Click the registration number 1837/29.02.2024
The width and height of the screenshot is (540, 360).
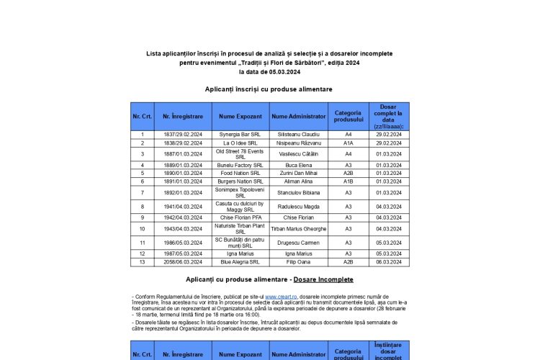pyautogui.click(x=182, y=134)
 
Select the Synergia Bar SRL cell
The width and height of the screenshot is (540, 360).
pyautogui.click(x=240, y=134)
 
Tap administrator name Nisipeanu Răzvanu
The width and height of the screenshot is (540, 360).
pyautogui.click(x=299, y=143)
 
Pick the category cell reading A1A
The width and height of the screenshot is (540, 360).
pyautogui.click(x=348, y=143)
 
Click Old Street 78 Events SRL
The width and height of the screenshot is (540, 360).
pyautogui.click(x=240, y=153)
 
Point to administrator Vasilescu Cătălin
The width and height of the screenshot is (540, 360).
pyautogui.click(x=299, y=153)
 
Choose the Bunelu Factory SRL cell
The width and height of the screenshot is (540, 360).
pyautogui.click(x=240, y=165)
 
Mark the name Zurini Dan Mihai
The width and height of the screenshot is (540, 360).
pyautogui.click(x=299, y=173)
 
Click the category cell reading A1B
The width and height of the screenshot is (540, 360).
pyautogui.click(x=348, y=181)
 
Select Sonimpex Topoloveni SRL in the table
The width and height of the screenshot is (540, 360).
pyautogui.click(x=240, y=192)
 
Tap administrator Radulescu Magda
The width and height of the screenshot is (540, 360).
pyautogui.click(x=299, y=206)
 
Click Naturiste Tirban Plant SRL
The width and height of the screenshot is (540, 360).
pyautogui.click(x=240, y=228)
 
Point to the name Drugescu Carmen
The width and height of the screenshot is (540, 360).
pyautogui.click(x=299, y=243)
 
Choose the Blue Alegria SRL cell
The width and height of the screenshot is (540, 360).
pyautogui.click(x=240, y=262)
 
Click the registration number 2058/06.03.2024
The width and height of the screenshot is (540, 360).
pyautogui.click(x=182, y=262)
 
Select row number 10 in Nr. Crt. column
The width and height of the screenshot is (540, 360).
pyautogui.click(x=142, y=228)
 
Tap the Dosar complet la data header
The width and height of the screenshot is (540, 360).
pyautogui.click(x=389, y=116)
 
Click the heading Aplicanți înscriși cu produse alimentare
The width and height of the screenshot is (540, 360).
pyautogui.click(x=269, y=89)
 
